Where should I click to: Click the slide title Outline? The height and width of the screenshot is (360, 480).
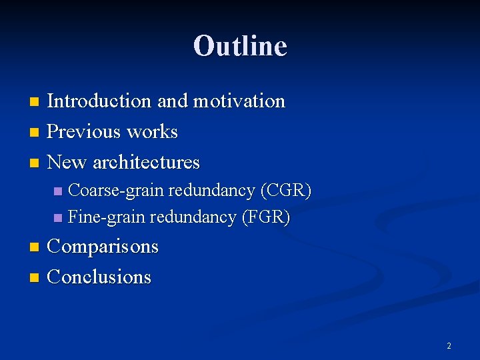tap(240, 46)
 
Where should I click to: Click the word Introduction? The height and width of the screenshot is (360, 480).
tap(100, 101)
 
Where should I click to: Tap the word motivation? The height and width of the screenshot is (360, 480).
tap(239, 101)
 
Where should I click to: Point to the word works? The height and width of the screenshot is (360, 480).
tap(152, 132)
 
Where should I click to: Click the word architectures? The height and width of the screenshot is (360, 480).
tap(146, 162)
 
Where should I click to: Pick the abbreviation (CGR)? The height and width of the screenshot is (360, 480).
tap(286, 191)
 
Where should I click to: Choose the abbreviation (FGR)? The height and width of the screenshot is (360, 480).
tap(265, 217)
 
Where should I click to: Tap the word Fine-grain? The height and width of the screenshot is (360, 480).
tap(107, 217)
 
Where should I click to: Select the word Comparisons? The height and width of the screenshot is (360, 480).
tap(103, 247)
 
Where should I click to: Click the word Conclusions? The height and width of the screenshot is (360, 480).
tap(100, 277)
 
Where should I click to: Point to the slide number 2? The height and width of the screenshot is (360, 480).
tap(449, 346)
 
